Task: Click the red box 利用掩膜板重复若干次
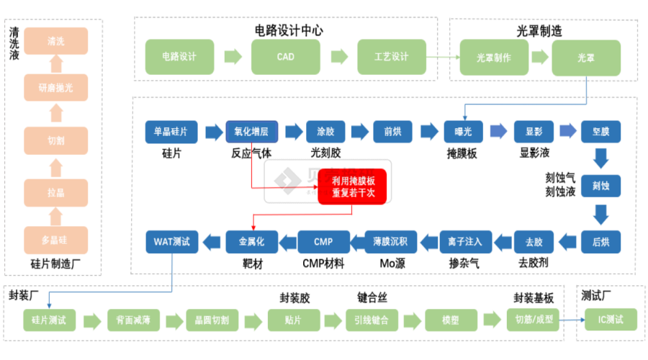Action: tap(353, 187)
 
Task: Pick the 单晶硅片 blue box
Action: tap(171, 132)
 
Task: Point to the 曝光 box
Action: tap(462, 132)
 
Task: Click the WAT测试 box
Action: tap(171, 241)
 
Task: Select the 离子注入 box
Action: tap(462, 241)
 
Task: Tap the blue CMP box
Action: tap(323, 241)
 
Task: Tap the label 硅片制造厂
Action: tap(55, 264)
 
